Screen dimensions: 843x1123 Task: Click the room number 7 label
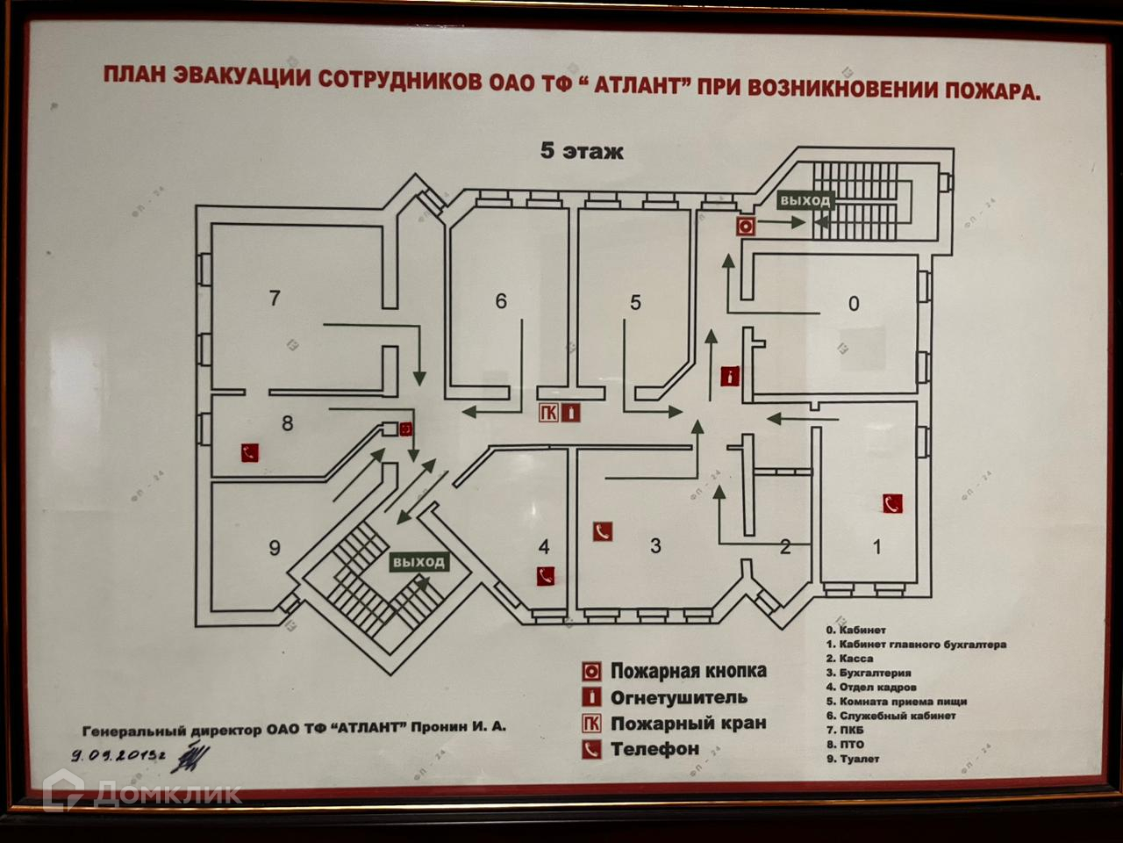275,299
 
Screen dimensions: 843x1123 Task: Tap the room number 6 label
501,301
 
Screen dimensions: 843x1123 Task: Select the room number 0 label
854,304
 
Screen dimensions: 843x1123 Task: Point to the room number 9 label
275,548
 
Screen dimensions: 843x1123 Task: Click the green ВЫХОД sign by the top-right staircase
804,201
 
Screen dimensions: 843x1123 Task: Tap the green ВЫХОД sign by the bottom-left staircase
418,562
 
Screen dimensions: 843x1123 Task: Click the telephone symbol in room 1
892,503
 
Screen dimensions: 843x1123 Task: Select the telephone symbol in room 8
251,453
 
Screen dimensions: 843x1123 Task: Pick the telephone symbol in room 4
546,576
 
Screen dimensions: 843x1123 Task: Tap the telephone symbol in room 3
602,531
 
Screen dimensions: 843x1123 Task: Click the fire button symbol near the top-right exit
745,226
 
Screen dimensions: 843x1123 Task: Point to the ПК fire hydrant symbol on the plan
549,413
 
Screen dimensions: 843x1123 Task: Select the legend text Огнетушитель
678,698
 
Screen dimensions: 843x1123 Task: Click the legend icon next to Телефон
592,749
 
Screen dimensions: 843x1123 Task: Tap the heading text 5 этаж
581,151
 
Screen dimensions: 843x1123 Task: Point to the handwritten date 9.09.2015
118,754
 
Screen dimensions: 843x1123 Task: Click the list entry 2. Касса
848,659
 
